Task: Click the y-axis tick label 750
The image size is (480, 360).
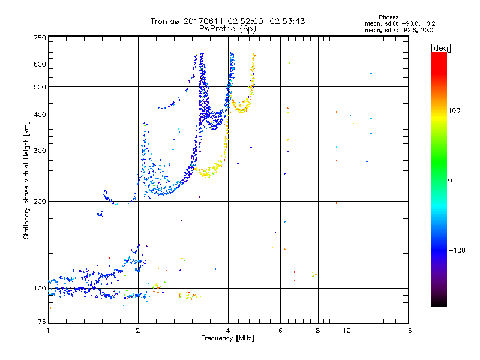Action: click(x=40, y=37)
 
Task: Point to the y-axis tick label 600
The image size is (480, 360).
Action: click(x=40, y=64)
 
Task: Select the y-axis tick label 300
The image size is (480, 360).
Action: click(x=40, y=151)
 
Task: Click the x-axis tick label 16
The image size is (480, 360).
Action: click(x=407, y=331)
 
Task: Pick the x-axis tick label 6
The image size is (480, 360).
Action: click(x=281, y=331)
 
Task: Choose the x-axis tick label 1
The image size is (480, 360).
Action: click(x=48, y=331)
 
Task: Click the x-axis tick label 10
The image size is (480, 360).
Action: click(x=347, y=331)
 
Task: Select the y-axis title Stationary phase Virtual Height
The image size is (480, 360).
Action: click(x=26, y=180)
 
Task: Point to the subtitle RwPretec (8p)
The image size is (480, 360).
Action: click(x=228, y=28)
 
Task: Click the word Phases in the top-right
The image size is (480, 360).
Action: click(x=389, y=17)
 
